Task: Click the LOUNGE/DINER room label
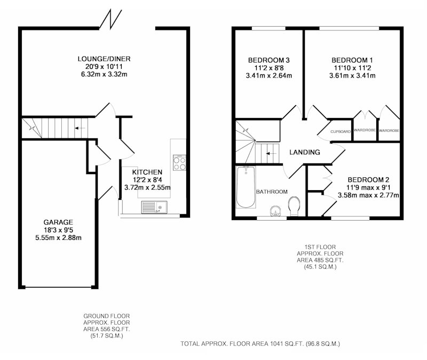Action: point(104,59)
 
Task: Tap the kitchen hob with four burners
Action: point(179,163)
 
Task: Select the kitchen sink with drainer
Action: point(154,207)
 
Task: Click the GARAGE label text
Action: point(58,222)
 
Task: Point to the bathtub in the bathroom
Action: point(246,187)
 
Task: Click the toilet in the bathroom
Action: point(294,206)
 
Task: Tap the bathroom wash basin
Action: point(275,211)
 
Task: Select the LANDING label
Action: point(304,152)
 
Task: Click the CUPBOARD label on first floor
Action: point(341,131)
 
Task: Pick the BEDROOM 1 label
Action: point(352,60)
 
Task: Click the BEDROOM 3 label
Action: point(269,60)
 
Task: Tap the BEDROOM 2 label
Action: point(368,180)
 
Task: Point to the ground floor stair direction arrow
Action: point(80,128)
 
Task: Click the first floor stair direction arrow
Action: point(271,154)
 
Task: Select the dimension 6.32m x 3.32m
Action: point(104,74)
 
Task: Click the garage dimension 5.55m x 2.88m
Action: point(58,238)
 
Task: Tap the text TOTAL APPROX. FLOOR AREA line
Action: point(260,344)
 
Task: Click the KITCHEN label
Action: point(147,172)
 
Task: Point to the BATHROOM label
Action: point(272,192)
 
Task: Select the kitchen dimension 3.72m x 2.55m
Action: point(147,187)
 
